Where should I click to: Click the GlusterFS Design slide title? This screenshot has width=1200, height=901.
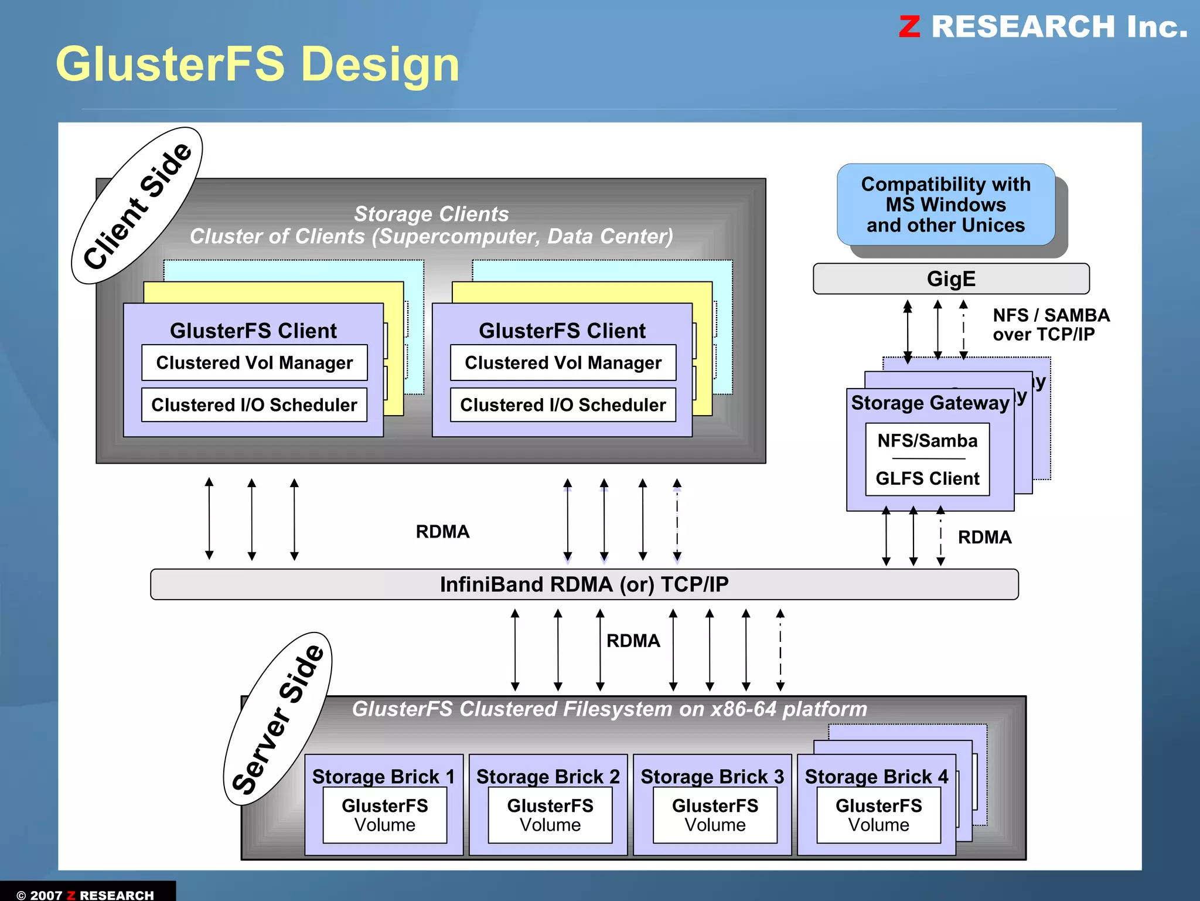pos(257,64)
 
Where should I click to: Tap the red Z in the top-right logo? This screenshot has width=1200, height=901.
pos(909,27)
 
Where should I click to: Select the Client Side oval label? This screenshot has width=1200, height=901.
pos(137,206)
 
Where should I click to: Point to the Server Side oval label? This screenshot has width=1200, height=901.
pos(278,719)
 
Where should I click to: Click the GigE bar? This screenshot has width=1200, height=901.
pos(950,279)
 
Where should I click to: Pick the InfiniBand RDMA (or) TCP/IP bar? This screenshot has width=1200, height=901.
pos(584,584)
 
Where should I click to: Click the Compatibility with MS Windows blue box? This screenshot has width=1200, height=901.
pos(945,205)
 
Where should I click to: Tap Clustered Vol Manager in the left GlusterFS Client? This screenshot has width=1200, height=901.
pos(254,363)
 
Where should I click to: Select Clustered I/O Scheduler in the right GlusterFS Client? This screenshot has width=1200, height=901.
pos(562,405)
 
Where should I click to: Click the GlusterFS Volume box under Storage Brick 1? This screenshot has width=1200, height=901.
pos(385,815)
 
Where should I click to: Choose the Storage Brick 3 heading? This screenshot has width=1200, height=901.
pos(712,776)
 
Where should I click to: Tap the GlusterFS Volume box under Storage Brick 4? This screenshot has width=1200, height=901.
pos(878,815)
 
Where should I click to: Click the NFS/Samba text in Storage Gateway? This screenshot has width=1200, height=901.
pos(927,441)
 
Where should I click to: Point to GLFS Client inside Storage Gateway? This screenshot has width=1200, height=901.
pos(927,479)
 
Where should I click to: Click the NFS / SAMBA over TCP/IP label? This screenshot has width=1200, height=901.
pos(1050,325)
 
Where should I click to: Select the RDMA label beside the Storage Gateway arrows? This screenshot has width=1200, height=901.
pos(984,538)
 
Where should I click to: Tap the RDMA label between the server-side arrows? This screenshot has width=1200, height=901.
pos(633,641)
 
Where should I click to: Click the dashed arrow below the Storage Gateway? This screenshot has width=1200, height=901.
pos(940,536)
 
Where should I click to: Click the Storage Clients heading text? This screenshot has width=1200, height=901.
pos(431,215)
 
